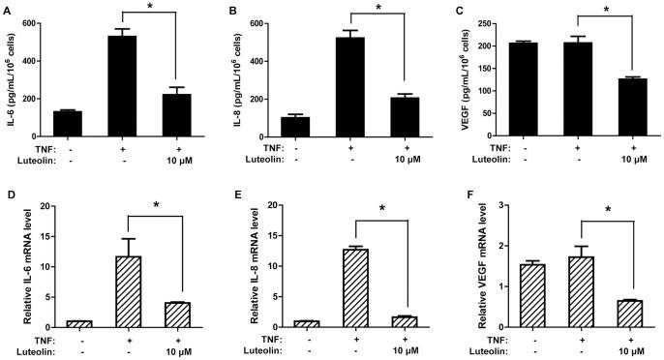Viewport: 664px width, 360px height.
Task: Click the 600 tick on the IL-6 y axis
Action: [36, 21]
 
